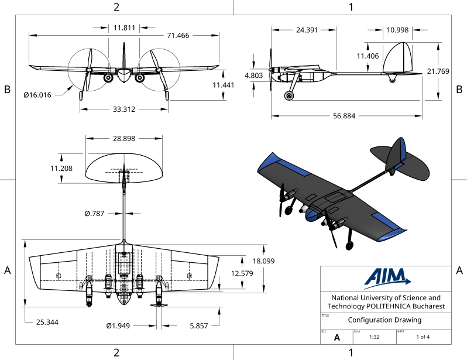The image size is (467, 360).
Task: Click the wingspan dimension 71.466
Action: (x=178, y=36)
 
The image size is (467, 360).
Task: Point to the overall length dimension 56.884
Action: (x=345, y=116)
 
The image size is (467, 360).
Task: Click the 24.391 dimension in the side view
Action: (x=307, y=29)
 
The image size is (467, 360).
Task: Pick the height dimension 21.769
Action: (x=438, y=71)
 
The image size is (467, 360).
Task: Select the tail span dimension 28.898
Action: (x=124, y=139)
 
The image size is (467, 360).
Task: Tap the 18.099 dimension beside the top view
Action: (x=263, y=261)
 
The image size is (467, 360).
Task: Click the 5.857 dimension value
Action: (x=199, y=325)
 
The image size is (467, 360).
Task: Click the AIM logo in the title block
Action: (x=386, y=279)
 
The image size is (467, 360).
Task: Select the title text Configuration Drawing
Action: (x=384, y=320)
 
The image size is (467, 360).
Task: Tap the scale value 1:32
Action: (x=375, y=337)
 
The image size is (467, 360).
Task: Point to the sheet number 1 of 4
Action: (x=423, y=337)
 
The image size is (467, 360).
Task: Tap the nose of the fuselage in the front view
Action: (x=124, y=74)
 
